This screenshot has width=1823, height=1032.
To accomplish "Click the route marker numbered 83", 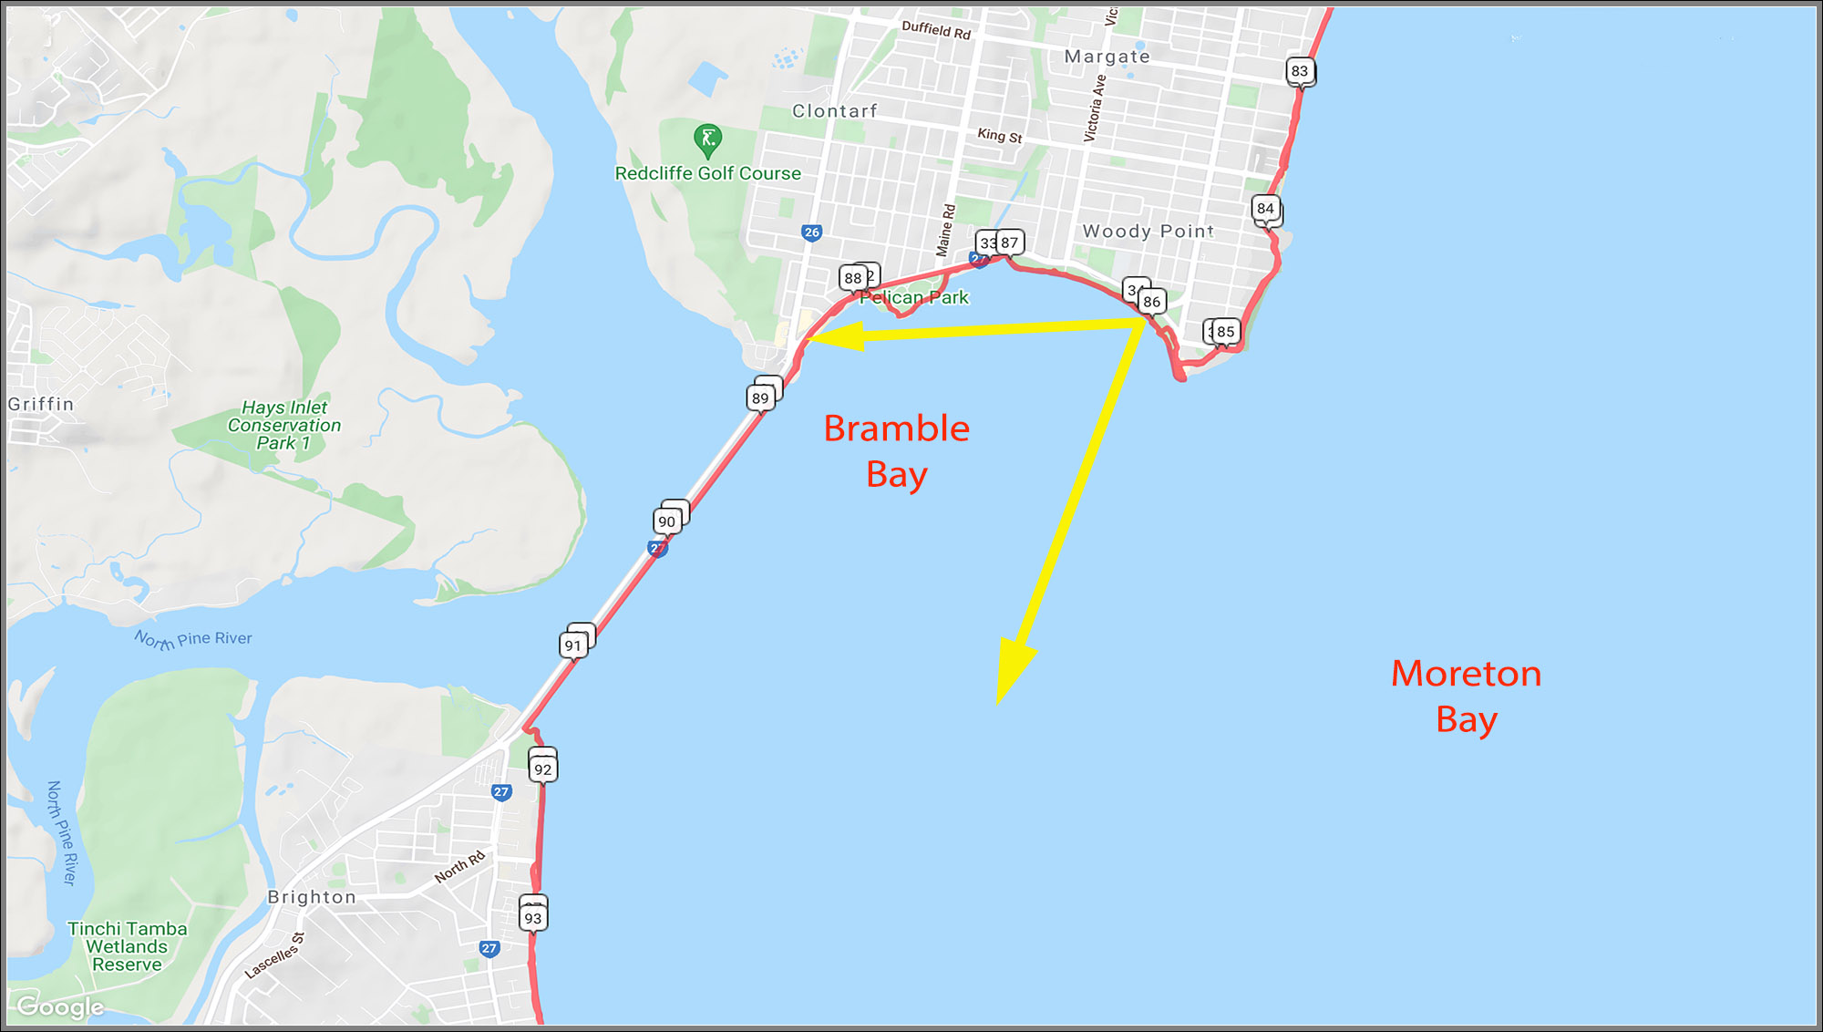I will pos(1299,71).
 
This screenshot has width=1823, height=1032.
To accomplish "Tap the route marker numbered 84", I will pos(1265,209).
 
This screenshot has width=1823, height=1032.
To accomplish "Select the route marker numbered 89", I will pos(760,398).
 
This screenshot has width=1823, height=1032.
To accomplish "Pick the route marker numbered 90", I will pos(667,521).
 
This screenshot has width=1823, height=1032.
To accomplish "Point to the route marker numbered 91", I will pos(572,645).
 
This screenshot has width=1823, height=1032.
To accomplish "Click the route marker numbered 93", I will pos(533,918).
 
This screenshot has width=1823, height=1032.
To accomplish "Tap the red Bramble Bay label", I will pos(896,451).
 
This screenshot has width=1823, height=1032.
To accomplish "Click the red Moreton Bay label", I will pos(1466,697).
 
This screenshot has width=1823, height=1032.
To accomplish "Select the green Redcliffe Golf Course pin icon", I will pos(707,139).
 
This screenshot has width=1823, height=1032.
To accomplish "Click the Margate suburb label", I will pos(1107,57).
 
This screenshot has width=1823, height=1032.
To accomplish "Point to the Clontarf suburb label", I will pos(834,111).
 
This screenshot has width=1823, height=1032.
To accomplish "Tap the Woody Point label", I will pos(1148,232).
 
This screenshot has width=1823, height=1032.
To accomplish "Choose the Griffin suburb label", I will pos(41,404).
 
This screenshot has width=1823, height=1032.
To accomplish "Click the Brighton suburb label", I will pos(312,897).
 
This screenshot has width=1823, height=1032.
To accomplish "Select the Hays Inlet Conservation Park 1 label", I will pos(284,425).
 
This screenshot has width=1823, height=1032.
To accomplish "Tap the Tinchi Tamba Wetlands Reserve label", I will pos(128,946).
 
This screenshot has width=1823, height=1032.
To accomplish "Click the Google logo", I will pos(60,1006).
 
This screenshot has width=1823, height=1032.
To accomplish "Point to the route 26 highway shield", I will pos(811,232).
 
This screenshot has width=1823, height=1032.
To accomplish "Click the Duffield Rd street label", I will pos(936,30).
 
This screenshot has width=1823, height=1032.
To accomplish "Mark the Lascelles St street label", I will pos(274,955).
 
